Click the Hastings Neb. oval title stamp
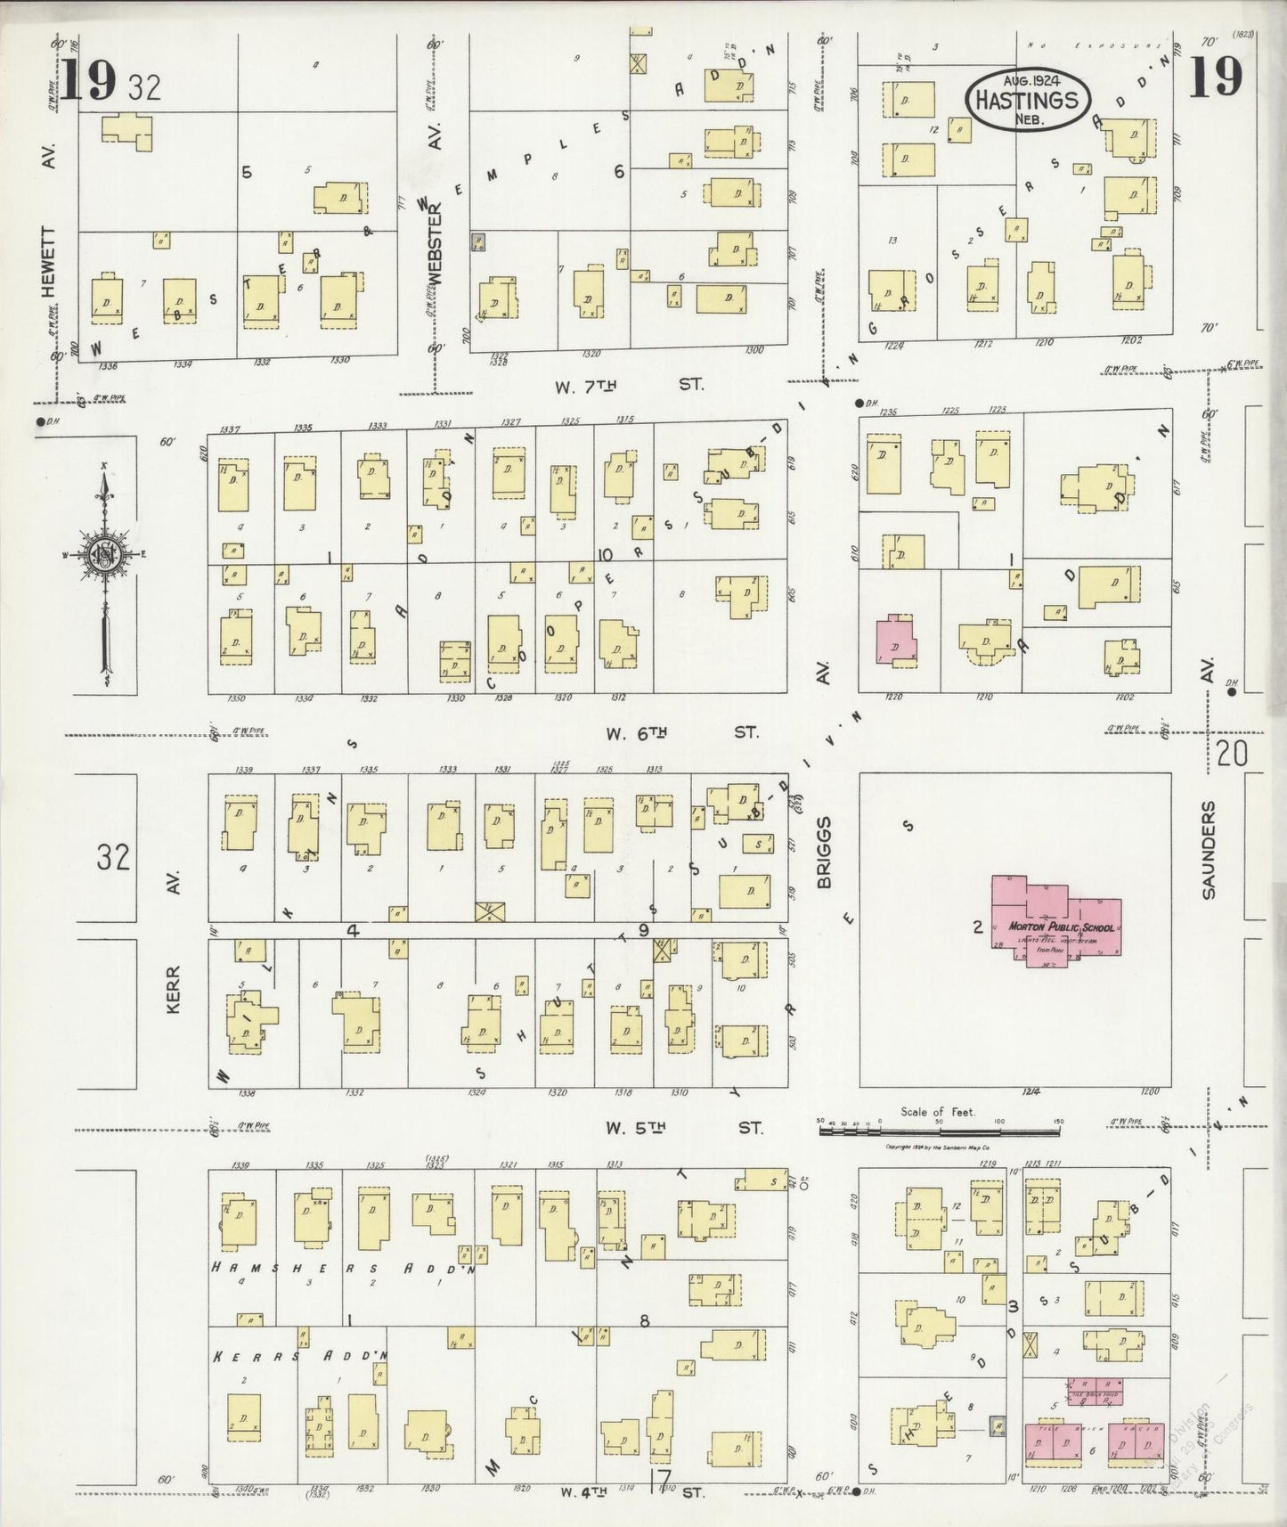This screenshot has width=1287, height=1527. click(x=1026, y=100)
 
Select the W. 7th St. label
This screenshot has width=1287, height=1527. click(x=629, y=386)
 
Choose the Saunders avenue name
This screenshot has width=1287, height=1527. click(x=1209, y=849)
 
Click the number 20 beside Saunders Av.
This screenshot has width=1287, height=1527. click(x=1232, y=755)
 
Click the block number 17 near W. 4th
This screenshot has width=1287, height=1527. click(x=660, y=1481)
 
